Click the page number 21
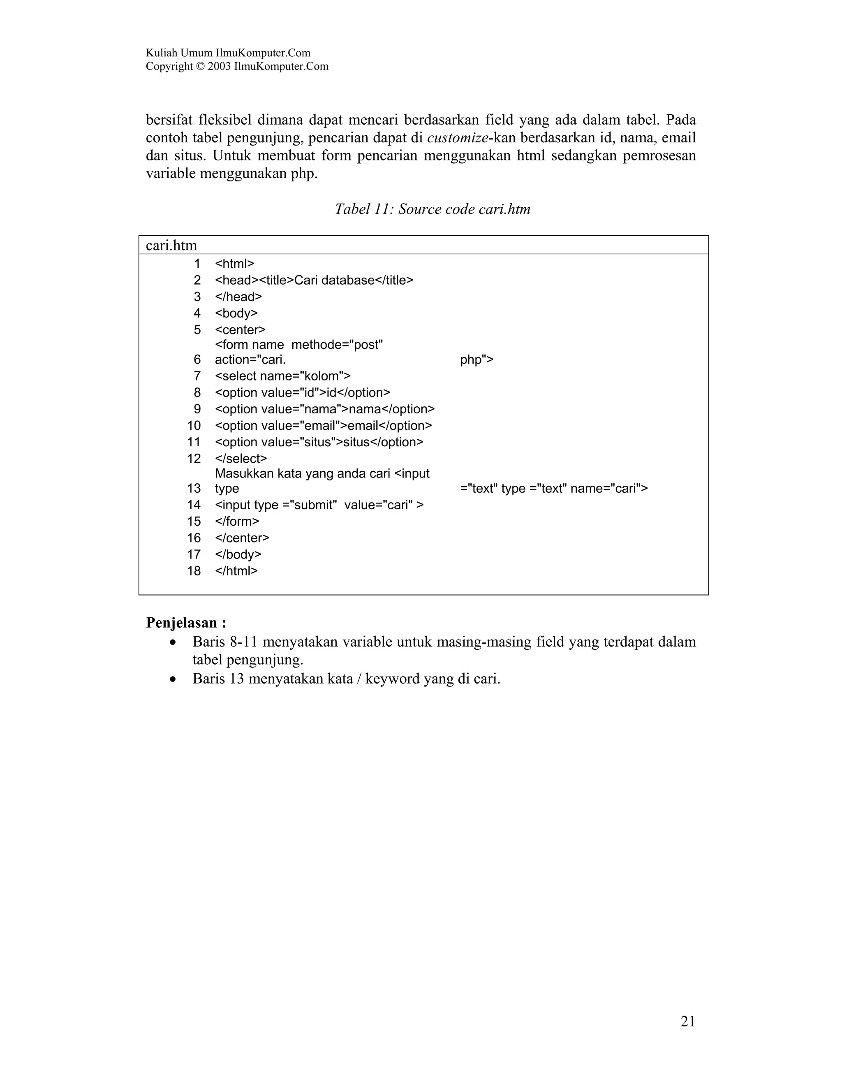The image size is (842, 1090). (687, 1022)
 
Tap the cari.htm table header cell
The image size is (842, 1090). (171, 246)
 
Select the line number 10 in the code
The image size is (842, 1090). (194, 426)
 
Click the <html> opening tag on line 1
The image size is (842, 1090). (234, 264)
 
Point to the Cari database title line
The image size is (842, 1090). (314, 280)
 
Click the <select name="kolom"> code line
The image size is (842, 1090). (282, 376)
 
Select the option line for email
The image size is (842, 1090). (323, 426)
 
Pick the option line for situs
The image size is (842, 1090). (319, 442)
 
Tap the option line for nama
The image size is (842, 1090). (325, 409)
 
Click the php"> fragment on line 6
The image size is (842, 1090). (477, 360)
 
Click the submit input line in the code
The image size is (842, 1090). (319, 505)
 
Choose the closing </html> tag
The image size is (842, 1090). (236, 571)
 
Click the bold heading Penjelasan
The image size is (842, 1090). (185, 623)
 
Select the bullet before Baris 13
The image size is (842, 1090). (173, 679)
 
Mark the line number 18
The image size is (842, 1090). (194, 571)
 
